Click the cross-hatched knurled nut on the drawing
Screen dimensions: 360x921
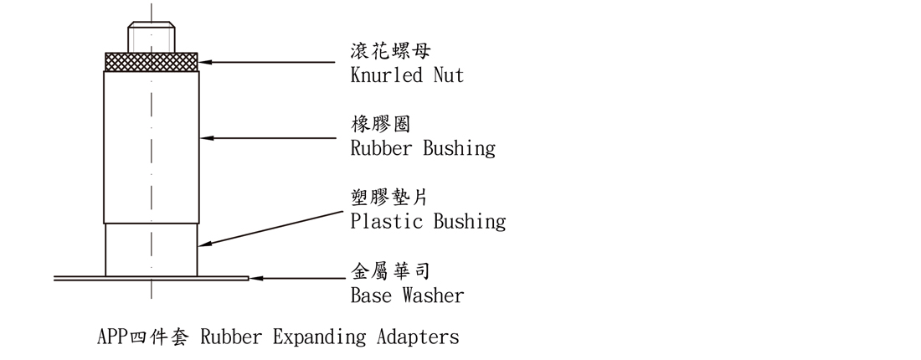coord(152,60)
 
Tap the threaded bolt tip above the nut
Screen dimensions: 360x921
coord(152,38)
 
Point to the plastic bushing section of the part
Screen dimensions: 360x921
coord(152,249)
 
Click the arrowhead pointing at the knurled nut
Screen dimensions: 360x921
coord(206,61)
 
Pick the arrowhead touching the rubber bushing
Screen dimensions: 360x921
coord(206,136)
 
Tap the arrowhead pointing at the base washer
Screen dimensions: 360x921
coord(256,277)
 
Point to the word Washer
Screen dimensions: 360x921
coord(433,296)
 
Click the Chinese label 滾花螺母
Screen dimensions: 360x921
coord(391,51)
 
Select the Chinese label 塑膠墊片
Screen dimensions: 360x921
coord(391,198)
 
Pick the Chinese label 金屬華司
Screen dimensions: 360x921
coord(391,271)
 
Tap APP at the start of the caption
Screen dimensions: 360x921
coord(110,337)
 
